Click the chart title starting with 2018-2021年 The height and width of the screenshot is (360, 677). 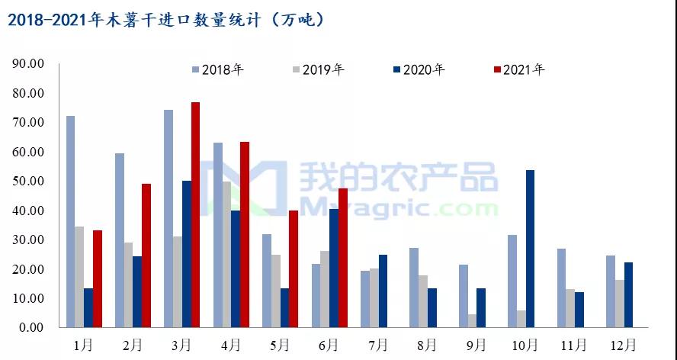click(x=166, y=19)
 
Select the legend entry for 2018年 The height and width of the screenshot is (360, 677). click(x=218, y=69)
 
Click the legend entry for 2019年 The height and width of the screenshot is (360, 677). click(x=319, y=69)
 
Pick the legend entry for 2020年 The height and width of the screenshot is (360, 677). click(x=419, y=69)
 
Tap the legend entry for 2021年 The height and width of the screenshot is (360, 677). click(x=520, y=69)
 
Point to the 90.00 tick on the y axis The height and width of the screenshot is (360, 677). click(x=29, y=63)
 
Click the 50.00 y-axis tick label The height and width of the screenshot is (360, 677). click(x=29, y=181)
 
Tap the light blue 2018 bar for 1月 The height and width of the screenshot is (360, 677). click(x=70, y=222)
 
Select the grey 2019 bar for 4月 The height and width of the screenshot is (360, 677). click(x=226, y=255)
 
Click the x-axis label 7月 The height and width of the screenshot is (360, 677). click(x=377, y=345)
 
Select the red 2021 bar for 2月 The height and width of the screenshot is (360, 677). click(x=146, y=256)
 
